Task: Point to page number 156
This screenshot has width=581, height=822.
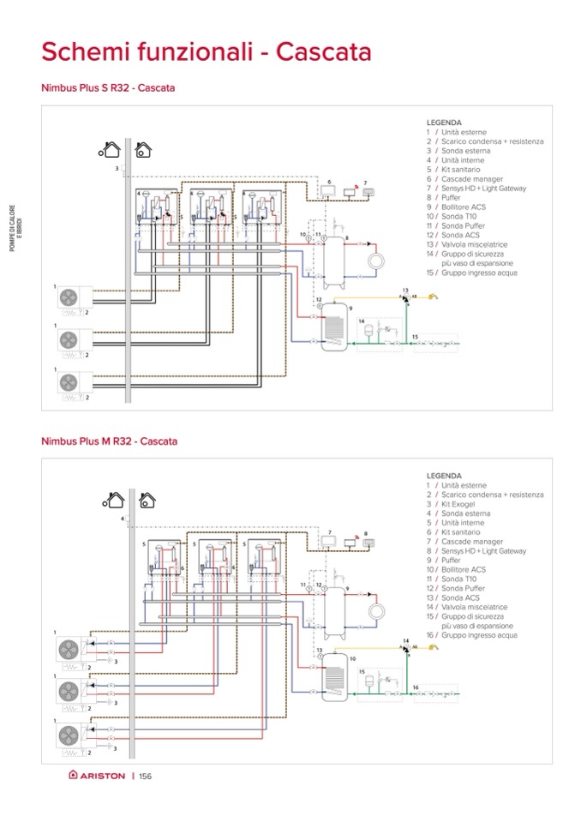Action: tap(145, 776)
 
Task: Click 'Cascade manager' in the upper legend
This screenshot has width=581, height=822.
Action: tap(468, 178)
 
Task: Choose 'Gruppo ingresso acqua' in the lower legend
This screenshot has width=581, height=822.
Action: tap(480, 635)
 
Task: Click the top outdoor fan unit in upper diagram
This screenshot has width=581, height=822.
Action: tap(67, 297)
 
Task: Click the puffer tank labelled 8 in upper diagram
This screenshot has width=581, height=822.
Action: tap(335, 253)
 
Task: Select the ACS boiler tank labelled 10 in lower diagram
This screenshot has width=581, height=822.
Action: tap(335, 682)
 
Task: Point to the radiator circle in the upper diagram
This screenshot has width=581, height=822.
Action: tap(375, 261)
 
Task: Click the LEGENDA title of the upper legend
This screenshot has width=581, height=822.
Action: tap(443, 123)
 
